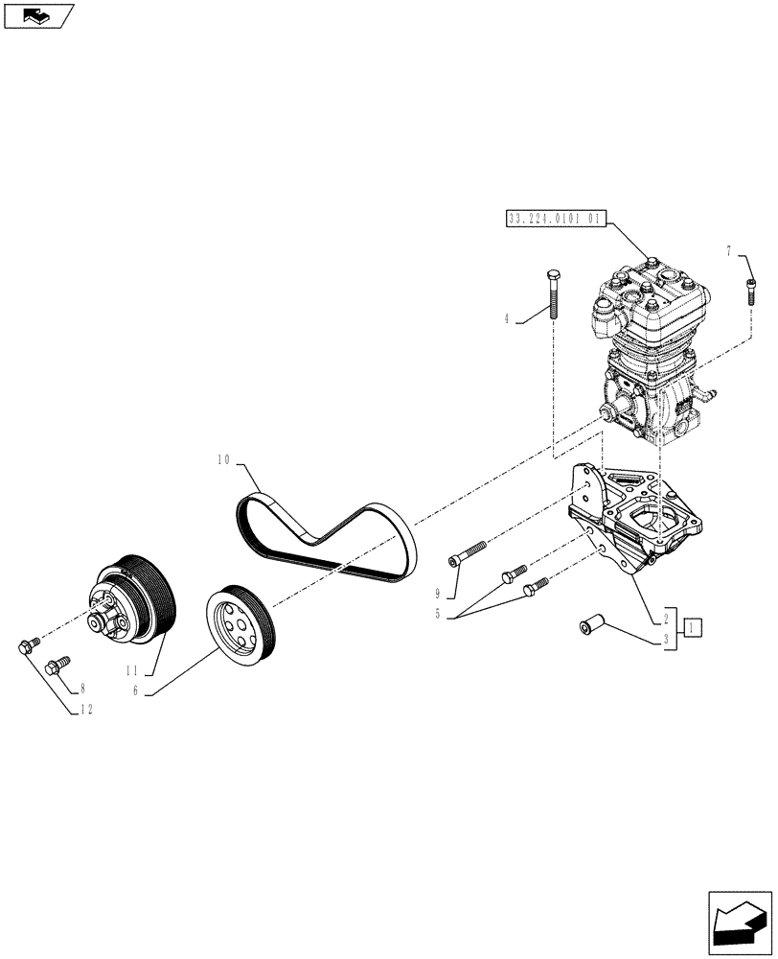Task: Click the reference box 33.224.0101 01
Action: pyautogui.click(x=553, y=219)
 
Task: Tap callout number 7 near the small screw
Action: pyautogui.click(x=729, y=251)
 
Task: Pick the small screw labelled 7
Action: pyautogui.click(x=751, y=289)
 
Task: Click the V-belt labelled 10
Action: pyautogui.click(x=327, y=537)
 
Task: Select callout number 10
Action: pyautogui.click(x=223, y=461)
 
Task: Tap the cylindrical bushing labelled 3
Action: pyautogui.click(x=590, y=627)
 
